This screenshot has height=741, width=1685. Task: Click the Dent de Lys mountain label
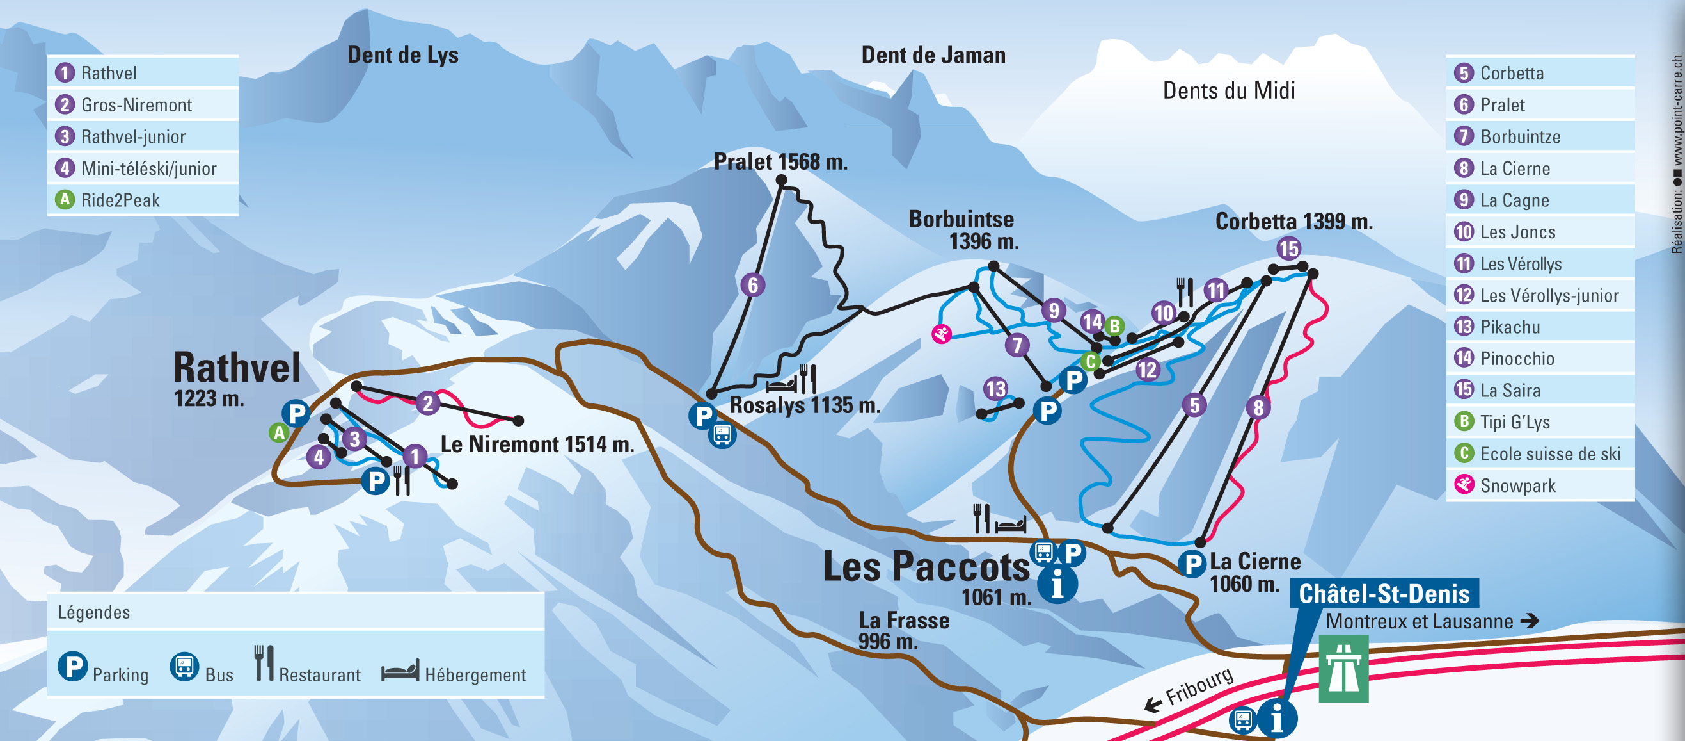click(x=402, y=55)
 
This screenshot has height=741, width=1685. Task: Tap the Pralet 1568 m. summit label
click(x=780, y=161)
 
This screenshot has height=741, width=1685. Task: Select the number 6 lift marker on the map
click(x=753, y=285)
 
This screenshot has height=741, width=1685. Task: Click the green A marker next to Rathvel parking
click(x=279, y=432)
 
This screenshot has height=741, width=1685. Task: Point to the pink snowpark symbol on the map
click(x=941, y=334)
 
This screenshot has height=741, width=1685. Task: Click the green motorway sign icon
click(x=1343, y=669)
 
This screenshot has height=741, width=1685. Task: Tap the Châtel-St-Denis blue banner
click(x=1384, y=594)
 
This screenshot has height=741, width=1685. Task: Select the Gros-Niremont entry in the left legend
click(x=136, y=105)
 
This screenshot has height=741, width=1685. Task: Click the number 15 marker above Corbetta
click(x=1288, y=248)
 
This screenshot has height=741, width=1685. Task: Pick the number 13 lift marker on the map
click(x=995, y=389)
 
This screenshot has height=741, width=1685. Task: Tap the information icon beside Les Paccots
click(x=1057, y=584)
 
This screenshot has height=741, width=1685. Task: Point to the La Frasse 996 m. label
click(x=903, y=630)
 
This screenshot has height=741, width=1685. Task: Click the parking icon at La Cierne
click(x=1192, y=564)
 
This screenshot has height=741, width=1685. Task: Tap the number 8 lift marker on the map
click(x=1258, y=407)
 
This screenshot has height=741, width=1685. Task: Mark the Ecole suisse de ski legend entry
click(x=1549, y=453)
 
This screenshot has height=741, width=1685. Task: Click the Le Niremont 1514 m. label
click(x=537, y=444)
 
